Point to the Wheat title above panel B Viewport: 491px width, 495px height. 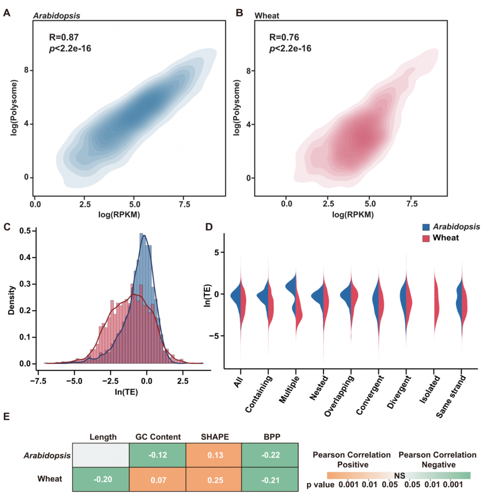(267, 15)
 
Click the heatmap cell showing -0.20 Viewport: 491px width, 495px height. (101, 479)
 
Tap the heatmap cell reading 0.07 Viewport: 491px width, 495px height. (157, 479)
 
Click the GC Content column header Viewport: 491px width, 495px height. (157, 437)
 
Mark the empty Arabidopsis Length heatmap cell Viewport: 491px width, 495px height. (101, 454)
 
